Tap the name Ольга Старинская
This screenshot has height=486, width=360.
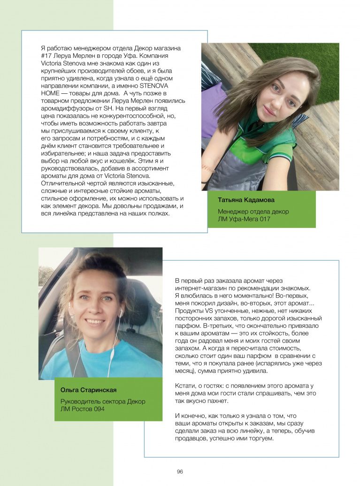click(x=88, y=390)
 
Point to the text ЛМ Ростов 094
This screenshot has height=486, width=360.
click(x=83, y=409)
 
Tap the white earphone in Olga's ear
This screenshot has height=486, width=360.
click(x=121, y=312)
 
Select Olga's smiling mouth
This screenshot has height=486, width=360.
click(x=95, y=322)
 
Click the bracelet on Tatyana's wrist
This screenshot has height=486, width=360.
click(x=207, y=167)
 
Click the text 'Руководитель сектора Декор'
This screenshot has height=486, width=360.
click(x=103, y=402)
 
